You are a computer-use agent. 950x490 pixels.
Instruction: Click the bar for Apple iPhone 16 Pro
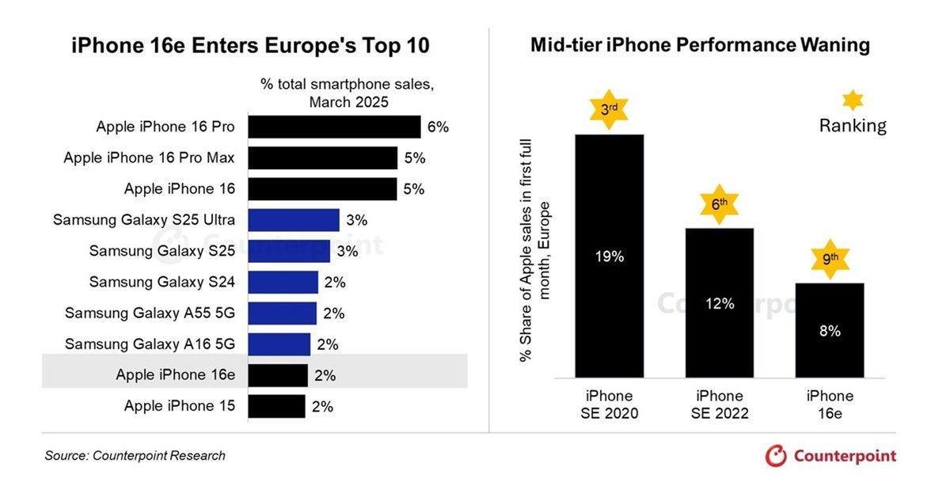pyautogui.click(x=333, y=127)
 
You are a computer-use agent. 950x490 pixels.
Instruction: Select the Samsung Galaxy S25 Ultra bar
pyautogui.click(x=293, y=220)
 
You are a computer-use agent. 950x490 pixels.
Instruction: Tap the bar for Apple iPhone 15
pyautogui.click(x=275, y=407)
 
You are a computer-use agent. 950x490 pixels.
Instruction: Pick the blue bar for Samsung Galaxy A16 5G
pyautogui.click(x=279, y=344)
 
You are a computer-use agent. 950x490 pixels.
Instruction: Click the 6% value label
pyautogui.click(x=438, y=127)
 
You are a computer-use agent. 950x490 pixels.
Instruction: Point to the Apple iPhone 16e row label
pyautogui.click(x=175, y=375)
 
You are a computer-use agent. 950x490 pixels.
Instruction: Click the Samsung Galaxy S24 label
pyautogui.click(x=161, y=282)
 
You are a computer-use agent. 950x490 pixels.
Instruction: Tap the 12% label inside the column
pyautogui.click(x=720, y=303)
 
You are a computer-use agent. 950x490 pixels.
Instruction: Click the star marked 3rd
pyautogui.click(x=609, y=110)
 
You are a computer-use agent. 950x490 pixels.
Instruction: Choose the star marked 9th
pyautogui.click(x=829, y=260)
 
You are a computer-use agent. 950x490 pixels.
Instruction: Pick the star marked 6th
pyautogui.click(x=720, y=204)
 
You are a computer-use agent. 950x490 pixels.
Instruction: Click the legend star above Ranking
pyautogui.click(x=852, y=100)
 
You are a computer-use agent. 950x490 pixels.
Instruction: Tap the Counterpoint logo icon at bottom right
pyautogui.click(x=777, y=456)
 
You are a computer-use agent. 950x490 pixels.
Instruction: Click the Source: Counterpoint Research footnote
pyautogui.click(x=135, y=456)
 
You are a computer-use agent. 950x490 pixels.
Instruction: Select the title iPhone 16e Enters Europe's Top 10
pyautogui.click(x=250, y=46)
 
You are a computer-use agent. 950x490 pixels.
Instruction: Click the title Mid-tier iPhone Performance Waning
pyautogui.click(x=700, y=45)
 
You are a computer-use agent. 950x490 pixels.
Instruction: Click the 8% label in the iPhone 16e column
pyautogui.click(x=829, y=332)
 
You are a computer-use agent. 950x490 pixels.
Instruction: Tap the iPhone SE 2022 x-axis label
pyautogui.click(x=720, y=405)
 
